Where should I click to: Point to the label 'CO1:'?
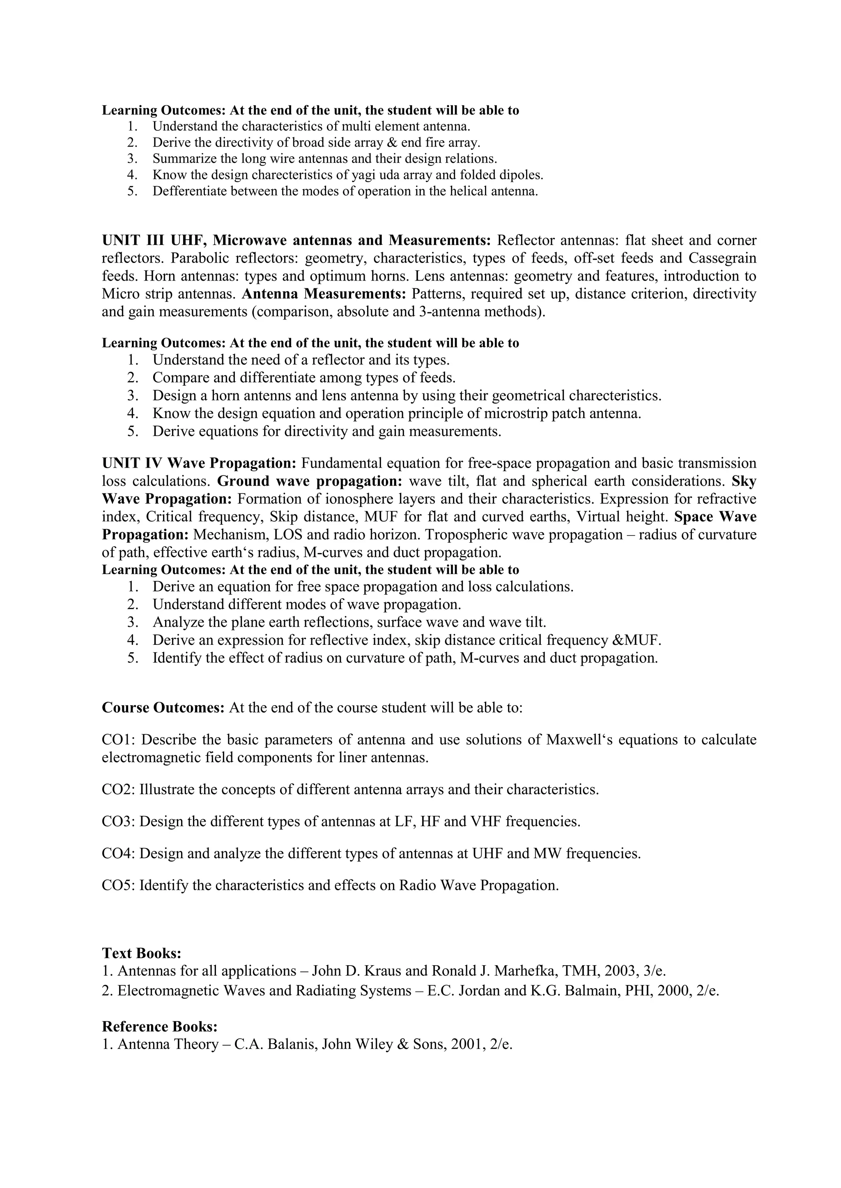[x=119, y=740]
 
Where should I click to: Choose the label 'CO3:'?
[x=119, y=822]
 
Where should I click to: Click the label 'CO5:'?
[x=119, y=885]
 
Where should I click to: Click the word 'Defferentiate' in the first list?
[x=190, y=192]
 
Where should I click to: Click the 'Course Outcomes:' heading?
[x=163, y=708]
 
